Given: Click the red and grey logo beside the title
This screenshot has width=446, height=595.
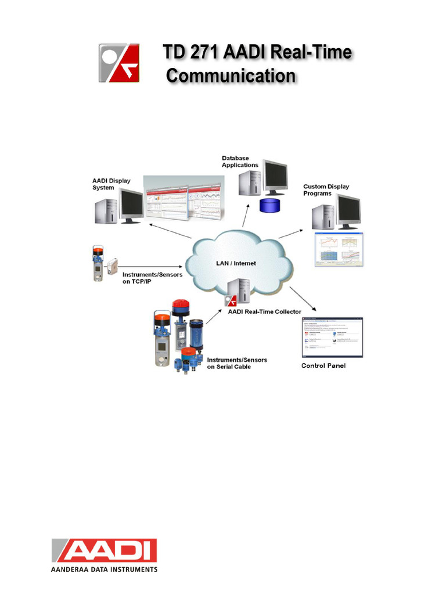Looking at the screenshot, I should coord(118,62).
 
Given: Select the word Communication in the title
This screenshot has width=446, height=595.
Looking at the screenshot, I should coord(231,77).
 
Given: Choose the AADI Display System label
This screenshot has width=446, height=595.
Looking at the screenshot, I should coord(111,184).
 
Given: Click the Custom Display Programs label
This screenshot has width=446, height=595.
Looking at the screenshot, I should coord(326,190).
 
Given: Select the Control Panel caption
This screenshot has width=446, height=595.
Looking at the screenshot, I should coord(323,365).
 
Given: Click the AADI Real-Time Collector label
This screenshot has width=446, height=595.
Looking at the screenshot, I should coord(264,312).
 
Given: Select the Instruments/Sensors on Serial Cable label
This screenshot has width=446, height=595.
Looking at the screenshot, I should coord(237,363).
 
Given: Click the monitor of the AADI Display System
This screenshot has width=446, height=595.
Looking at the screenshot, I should coord(131,205).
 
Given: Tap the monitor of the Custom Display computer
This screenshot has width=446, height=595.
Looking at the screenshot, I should coord(348,212).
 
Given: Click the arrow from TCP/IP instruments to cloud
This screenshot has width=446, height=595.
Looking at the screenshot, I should coord(151,260).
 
